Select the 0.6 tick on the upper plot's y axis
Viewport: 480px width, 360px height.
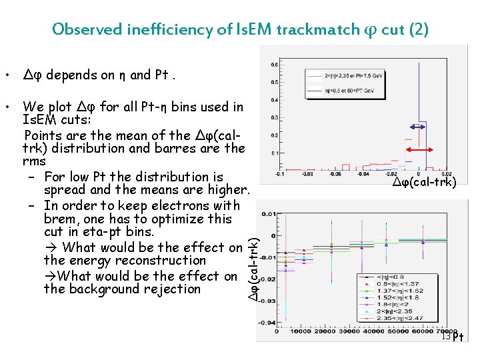(x=274, y=65)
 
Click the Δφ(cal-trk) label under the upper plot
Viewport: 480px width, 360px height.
(x=425, y=183)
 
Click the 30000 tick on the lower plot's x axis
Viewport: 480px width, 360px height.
(x=355, y=331)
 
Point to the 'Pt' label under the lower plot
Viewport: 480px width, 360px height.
(x=458, y=337)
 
